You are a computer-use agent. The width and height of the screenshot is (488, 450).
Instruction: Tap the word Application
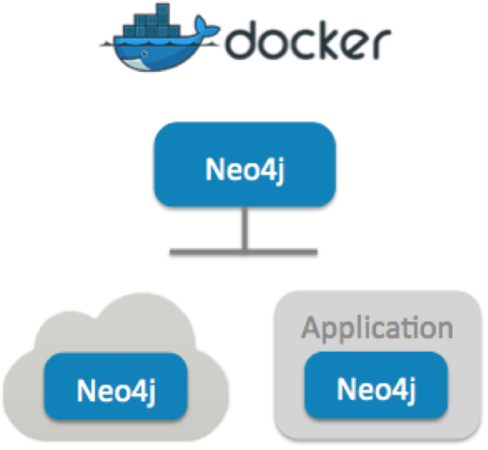point(377,328)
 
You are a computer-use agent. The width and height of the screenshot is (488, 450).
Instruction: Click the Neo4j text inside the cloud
point(115,391)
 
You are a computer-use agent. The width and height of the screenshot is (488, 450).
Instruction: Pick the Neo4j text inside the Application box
point(377,388)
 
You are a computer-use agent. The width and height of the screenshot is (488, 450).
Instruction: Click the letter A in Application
point(312,328)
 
